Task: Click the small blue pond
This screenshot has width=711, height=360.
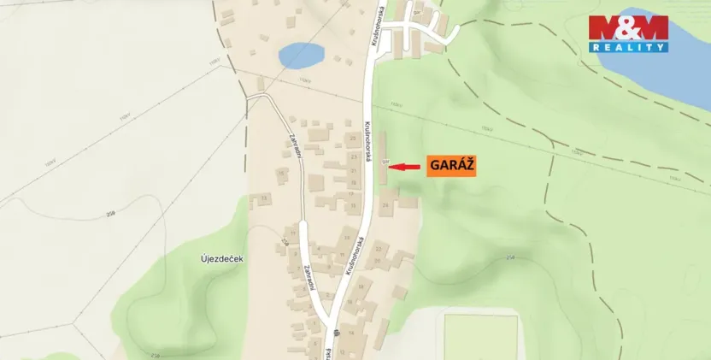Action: coord(300,54)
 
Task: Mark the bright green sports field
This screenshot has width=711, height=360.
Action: coord(480,337)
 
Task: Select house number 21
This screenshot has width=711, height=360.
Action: coord(353,170)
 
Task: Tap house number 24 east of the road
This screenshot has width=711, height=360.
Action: coord(385,205)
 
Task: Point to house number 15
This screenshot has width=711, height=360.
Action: coord(265,198)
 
